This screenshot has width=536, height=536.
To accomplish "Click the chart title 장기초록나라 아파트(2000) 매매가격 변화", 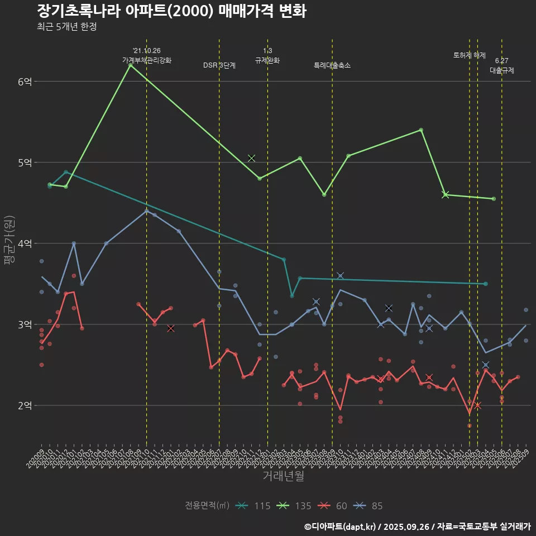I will point(171,12).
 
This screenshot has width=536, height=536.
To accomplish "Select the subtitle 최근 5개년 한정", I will point(66,27).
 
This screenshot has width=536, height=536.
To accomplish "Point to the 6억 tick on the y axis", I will point(25,82).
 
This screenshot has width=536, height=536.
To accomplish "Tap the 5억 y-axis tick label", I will point(25,162).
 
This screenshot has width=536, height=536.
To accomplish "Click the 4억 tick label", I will point(25,243).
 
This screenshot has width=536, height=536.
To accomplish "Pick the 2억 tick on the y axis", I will point(25,405).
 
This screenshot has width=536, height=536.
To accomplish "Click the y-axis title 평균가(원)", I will point(9,243).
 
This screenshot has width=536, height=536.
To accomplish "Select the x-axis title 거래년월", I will point(283,476).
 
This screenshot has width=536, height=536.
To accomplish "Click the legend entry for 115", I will point(254,506).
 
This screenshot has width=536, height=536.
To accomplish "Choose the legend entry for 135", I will point(295,506).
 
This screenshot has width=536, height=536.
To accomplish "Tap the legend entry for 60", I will point(333,506).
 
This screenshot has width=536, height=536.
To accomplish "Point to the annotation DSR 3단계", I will point(219,65).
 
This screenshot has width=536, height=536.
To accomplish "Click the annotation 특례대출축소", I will point(332,65).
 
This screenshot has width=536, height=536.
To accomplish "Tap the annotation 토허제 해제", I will point(470,55).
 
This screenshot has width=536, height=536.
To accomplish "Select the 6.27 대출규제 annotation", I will point(501,65).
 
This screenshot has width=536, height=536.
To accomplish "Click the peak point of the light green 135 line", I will point(131,65).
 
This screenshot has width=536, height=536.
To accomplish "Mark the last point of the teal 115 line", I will point(486,284).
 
